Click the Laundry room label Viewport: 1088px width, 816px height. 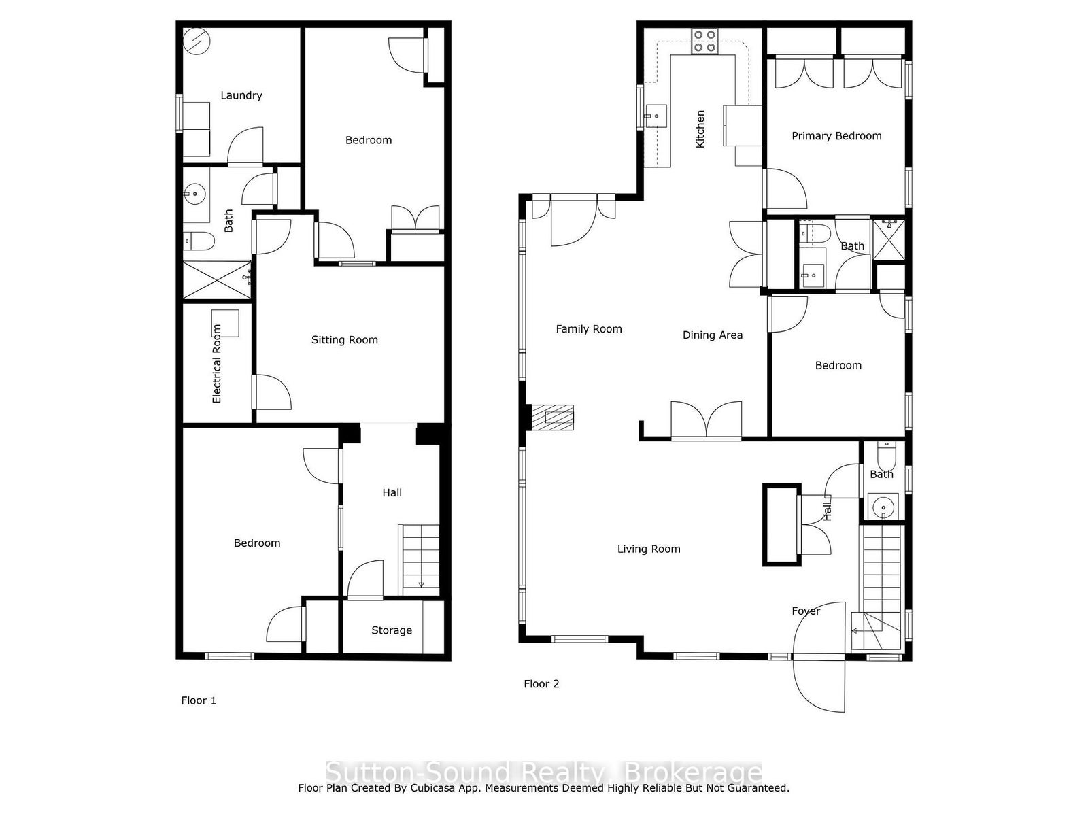tap(241, 95)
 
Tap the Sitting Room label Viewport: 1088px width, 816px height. tap(345, 340)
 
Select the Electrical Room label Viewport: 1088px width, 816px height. tap(217, 364)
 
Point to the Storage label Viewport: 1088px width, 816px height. tap(392, 630)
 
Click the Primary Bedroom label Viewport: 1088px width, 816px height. tap(836, 136)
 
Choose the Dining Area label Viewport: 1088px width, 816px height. tap(712, 335)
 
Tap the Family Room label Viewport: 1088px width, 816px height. tap(588, 329)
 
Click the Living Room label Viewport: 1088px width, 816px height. tap(648, 549)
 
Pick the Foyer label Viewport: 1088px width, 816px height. tap(806, 611)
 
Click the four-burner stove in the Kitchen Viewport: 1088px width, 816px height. tap(704, 41)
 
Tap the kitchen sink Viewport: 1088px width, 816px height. tap(656, 116)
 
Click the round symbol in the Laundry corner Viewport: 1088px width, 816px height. tap(197, 41)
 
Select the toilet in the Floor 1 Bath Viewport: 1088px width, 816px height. tap(199, 241)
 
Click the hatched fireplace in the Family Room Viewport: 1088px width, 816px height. tap(553, 417)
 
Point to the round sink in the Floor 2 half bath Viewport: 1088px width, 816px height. tap(883, 507)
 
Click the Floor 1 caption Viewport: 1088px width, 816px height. tap(199, 700)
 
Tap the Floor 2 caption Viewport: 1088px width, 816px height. tap(541, 684)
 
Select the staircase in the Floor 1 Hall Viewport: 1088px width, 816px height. tap(420, 560)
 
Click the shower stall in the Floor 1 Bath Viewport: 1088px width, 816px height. tap(217, 280)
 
